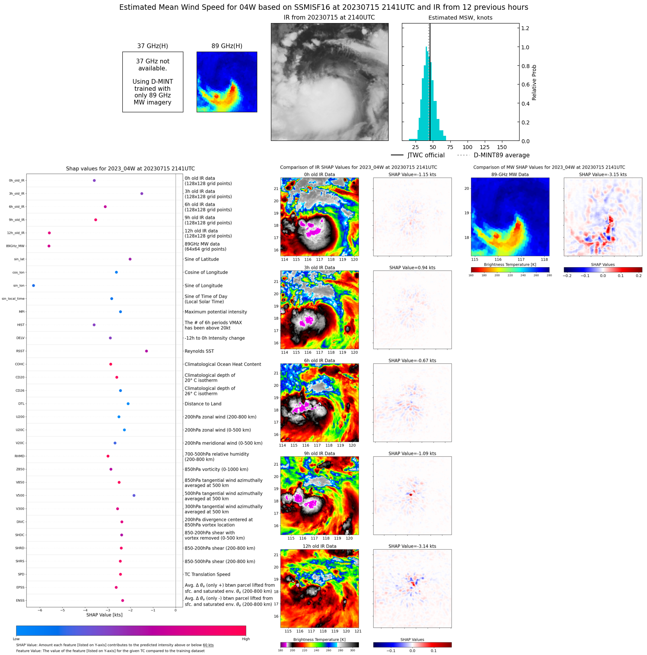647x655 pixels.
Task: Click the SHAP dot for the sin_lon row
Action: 34,286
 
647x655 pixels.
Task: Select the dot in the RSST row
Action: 147,351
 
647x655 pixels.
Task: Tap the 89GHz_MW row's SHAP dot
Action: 49,246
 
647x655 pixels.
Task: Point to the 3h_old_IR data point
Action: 142,194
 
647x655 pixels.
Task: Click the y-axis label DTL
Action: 21,404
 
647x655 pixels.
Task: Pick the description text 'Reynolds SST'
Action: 199,351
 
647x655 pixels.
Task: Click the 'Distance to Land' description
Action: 203,404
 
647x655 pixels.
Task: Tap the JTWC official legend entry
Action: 418,155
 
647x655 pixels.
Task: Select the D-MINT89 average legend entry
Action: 494,155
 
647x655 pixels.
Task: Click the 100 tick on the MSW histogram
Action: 468,148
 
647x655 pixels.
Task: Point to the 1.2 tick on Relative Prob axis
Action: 525,28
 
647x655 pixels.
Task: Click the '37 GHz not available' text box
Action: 152,82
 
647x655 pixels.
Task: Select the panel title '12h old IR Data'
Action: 319,546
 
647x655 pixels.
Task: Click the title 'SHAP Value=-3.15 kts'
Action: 602,175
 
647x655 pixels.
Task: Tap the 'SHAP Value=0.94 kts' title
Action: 412,268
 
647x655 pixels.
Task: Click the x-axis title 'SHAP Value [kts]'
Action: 104,615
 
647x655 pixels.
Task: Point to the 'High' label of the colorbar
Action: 246,639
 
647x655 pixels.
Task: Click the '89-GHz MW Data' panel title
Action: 510,175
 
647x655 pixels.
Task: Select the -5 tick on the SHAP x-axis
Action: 63,610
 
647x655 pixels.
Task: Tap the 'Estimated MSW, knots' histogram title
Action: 460,18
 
